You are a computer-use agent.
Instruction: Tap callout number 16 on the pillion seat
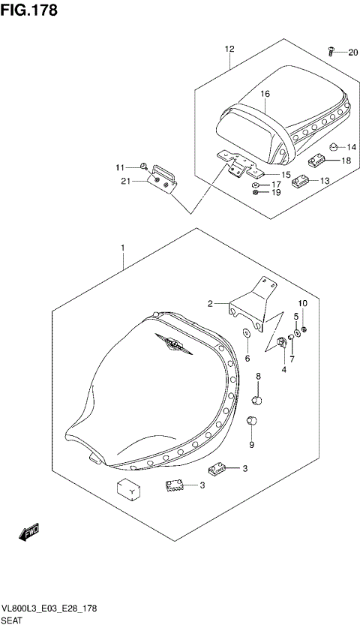[265, 94]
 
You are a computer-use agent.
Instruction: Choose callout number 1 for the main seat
[121, 247]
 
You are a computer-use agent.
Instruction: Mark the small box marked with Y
[128, 490]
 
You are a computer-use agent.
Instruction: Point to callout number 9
[251, 445]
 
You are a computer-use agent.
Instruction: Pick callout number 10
[302, 302]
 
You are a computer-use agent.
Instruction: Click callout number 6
[247, 359]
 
